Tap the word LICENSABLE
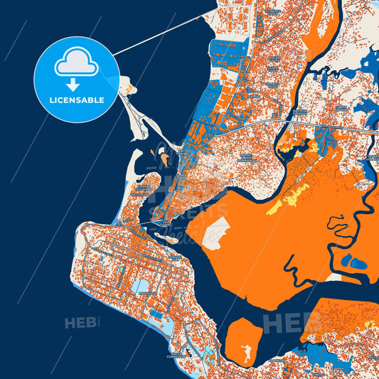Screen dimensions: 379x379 tap(77, 100)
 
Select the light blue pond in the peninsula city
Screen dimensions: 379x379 tap(141, 287)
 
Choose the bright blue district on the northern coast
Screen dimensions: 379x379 tap(228, 51)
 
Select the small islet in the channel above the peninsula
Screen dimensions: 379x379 tap(171, 239)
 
